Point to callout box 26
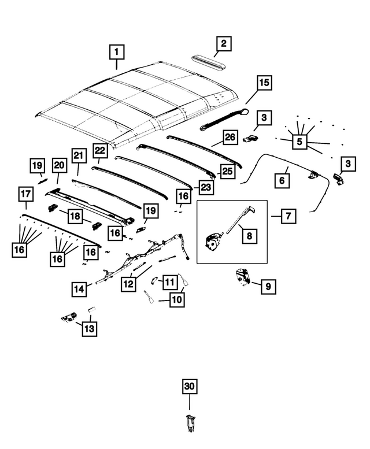[x=230, y=138]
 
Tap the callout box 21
[x=78, y=155]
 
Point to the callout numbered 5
[x=300, y=141]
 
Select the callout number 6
[x=282, y=181]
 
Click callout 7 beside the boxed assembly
[x=290, y=217]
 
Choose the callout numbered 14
[x=81, y=287]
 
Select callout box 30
[x=190, y=387]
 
